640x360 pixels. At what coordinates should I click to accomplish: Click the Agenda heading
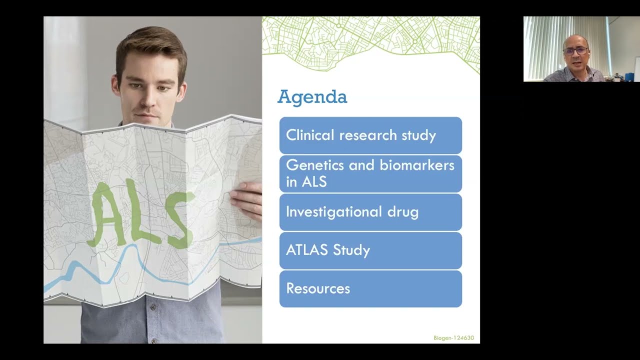pyautogui.click(x=312, y=97)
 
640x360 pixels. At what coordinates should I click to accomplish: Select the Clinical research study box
pyautogui.click(x=370, y=135)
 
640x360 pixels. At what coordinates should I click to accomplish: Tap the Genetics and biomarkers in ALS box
pyautogui.click(x=370, y=173)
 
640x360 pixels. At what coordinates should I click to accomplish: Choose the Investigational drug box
pyautogui.click(x=370, y=212)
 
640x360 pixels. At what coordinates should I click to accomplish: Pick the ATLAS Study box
pyautogui.click(x=370, y=250)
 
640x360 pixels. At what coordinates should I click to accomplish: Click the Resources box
pyautogui.click(x=370, y=288)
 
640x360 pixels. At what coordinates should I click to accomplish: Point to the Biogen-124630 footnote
pyautogui.click(x=453, y=338)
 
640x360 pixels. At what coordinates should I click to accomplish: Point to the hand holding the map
pyautogui.click(x=247, y=200)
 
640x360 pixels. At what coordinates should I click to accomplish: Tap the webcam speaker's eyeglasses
pyautogui.click(x=575, y=50)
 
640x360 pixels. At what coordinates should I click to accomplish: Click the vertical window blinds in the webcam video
pyautogui.click(x=542, y=45)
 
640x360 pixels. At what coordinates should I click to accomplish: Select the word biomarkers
pyautogui.click(x=422, y=165)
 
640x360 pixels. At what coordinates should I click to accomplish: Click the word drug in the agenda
pyautogui.click(x=402, y=212)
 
